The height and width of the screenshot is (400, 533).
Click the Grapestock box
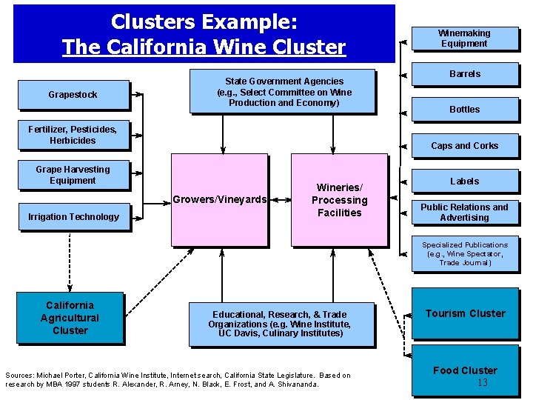73,95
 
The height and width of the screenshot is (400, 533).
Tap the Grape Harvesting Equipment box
73,175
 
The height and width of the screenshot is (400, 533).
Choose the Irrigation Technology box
73,216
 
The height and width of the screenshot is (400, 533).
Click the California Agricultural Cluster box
70,318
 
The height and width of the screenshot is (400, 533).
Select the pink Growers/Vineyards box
219,199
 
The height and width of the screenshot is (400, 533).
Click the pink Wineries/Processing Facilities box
339,200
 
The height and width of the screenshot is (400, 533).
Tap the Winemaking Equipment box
464,39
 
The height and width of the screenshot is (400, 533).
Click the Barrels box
465,74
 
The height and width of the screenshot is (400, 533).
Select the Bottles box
465,110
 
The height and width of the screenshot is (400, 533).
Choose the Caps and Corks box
465,146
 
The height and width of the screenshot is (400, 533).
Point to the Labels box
465,181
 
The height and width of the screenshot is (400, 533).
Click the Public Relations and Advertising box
464,213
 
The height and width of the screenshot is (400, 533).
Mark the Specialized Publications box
465,254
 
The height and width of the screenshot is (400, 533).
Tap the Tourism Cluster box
465,313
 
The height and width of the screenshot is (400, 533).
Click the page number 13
483,383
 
